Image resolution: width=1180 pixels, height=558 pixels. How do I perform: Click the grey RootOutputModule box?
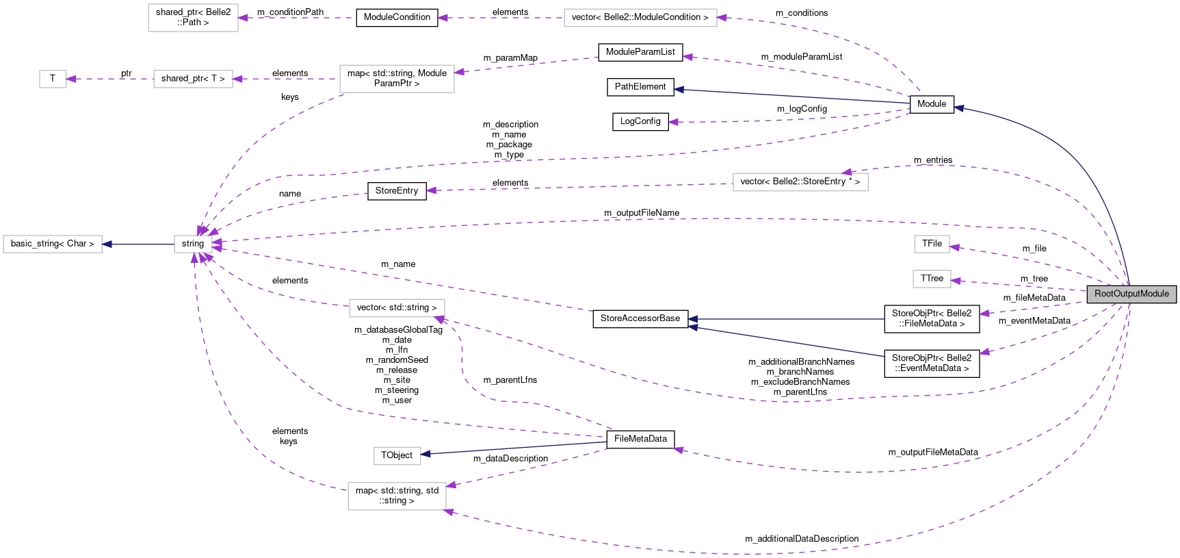[x=1131, y=294]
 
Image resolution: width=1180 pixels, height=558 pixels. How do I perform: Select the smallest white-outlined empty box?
[x=53, y=79]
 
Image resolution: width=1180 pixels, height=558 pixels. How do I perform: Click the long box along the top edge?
[x=640, y=18]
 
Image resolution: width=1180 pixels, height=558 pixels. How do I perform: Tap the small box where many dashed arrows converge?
[x=193, y=244]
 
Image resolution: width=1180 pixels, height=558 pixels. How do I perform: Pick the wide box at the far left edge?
[x=53, y=244]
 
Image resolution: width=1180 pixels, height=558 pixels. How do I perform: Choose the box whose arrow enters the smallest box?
[x=193, y=79]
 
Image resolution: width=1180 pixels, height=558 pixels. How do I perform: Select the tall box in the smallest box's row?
[x=397, y=79]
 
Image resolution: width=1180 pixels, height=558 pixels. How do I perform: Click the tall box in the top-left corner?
[x=193, y=18]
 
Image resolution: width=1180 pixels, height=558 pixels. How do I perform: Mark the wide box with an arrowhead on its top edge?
[x=800, y=182]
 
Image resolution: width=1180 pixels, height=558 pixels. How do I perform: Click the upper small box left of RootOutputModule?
[x=932, y=244]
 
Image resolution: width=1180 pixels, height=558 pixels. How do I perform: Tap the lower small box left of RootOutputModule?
[x=932, y=279]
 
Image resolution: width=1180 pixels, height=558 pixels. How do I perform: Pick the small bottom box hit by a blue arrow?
[x=397, y=456]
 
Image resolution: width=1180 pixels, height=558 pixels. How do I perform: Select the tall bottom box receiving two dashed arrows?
[x=397, y=496]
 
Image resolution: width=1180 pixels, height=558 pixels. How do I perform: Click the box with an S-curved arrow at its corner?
[x=397, y=308]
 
